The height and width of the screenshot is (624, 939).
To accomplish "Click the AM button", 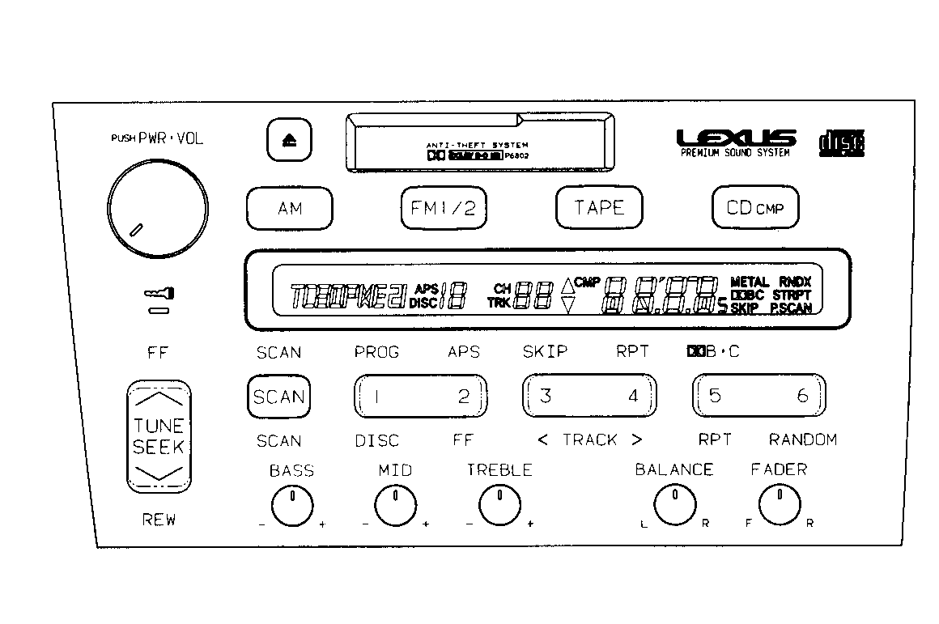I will coord(289,209).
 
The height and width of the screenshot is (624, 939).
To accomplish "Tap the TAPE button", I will coord(599,207).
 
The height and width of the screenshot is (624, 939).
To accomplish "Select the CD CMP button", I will coord(754,208).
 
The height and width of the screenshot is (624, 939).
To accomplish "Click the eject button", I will coord(289,141).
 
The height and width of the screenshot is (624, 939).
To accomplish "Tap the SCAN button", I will coord(278,397).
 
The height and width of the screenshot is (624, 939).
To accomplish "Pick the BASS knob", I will coord(291,507).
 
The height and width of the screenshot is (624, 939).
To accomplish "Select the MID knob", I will coord(395,507).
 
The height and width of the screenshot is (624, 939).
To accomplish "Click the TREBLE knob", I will coord(499,507).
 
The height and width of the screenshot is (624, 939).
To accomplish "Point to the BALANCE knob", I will coord(673,506).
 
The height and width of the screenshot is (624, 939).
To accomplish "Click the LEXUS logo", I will coord(735,138).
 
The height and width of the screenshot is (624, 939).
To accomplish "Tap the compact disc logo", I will coord(843,143).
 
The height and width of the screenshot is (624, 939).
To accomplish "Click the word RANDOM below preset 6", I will coord(802,440).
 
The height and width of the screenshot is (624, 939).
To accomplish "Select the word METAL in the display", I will coord(750,282).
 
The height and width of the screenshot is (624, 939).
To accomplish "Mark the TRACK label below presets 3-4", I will coord(590,440).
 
